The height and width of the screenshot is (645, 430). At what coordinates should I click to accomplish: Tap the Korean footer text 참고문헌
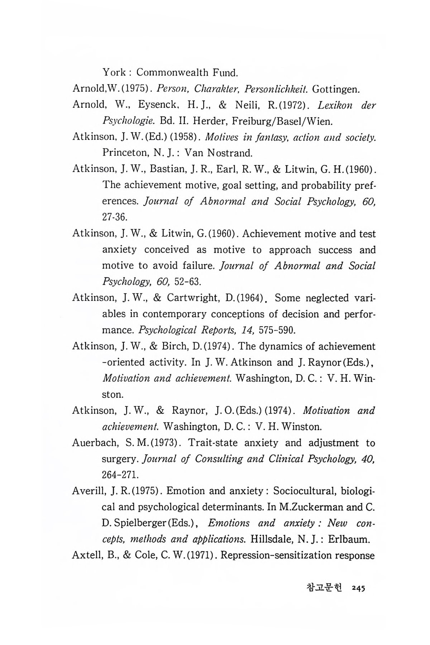coord(325,588)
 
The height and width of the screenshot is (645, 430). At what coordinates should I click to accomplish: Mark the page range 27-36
coord(115,218)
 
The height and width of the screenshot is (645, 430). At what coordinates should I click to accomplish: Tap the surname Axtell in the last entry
coord(85,555)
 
